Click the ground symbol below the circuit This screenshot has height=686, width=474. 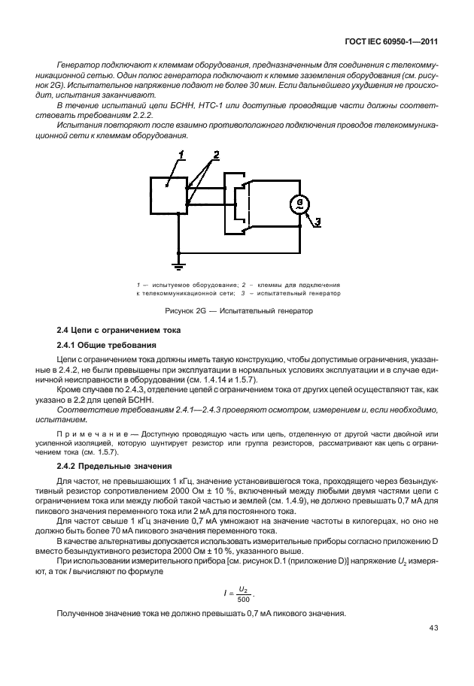[178, 264]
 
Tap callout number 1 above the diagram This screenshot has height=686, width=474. [181, 155]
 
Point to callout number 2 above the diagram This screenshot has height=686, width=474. [216, 155]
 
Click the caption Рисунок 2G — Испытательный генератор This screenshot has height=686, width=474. [239, 310]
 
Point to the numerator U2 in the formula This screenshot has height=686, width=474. [242, 568]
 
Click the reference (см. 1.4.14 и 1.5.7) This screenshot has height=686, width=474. [215, 380]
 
